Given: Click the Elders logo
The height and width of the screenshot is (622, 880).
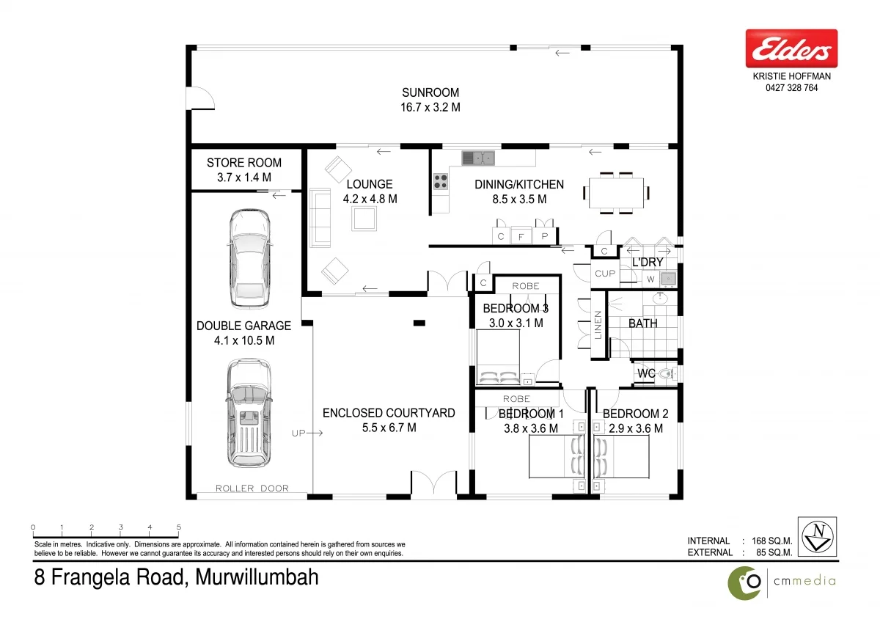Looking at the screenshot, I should [x=791, y=49].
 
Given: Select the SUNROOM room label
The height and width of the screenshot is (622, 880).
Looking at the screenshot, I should [x=430, y=92].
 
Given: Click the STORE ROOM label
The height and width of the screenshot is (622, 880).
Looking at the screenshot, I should [x=243, y=163].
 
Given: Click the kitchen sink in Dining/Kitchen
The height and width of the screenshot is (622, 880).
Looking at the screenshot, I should [x=478, y=157].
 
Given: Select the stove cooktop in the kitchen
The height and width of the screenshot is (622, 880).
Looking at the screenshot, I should [x=440, y=182].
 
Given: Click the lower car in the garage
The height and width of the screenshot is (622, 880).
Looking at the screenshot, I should [x=249, y=412].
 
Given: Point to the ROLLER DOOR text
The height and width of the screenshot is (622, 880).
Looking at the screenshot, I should [x=252, y=489].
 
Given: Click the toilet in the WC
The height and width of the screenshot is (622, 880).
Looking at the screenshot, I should [x=664, y=374].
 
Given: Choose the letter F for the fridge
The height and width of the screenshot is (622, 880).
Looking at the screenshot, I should [x=521, y=237].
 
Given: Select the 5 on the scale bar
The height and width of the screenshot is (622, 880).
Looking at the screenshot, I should [x=179, y=527].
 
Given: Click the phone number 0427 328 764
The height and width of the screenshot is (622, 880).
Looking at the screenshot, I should [x=791, y=88].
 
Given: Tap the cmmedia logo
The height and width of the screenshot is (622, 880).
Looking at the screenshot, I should [x=782, y=582].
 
